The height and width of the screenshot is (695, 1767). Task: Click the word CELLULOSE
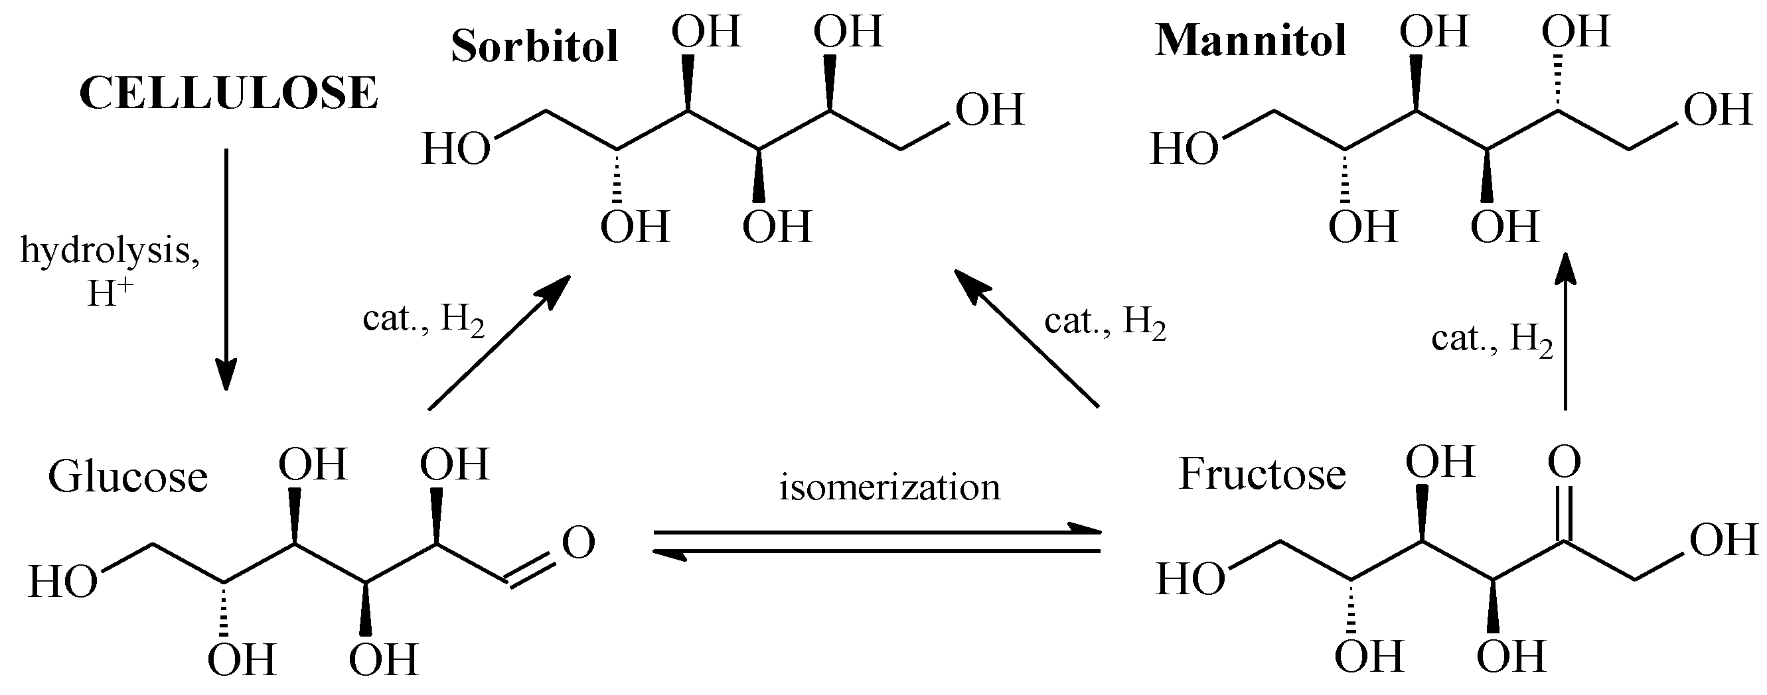pyautogui.click(x=228, y=94)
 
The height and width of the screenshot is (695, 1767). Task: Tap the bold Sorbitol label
pyautogui.click(x=534, y=46)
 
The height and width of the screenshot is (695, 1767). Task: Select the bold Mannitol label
pyautogui.click(x=1251, y=41)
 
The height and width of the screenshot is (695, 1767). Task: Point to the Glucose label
pyautogui.click(x=127, y=477)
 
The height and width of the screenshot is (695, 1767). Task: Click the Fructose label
pyautogui.click(x=1262, y=474)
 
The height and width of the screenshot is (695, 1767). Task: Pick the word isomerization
pyautogui.click(x=889, y=488)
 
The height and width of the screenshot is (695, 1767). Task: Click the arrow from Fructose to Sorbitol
pyautogui.click(x=1027, y=339)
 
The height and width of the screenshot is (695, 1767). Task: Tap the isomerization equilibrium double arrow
pyautogui.click(x=877, y=541)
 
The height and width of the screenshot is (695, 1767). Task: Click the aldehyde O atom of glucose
pyautogui.click(x=578, y=543)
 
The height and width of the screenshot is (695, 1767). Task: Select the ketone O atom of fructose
pyautogui.click(x=1565, y=462)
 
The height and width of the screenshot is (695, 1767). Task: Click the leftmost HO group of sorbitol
pyautogui.click(x=456, y=149)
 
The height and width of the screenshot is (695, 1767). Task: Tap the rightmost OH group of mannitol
pyautogui.click(x=1719, y=109)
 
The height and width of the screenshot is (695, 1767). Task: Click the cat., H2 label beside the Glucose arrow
pyautogui.click(x=424, y=320)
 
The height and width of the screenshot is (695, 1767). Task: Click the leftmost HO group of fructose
pyautogui.click(x=1190, y=580)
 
